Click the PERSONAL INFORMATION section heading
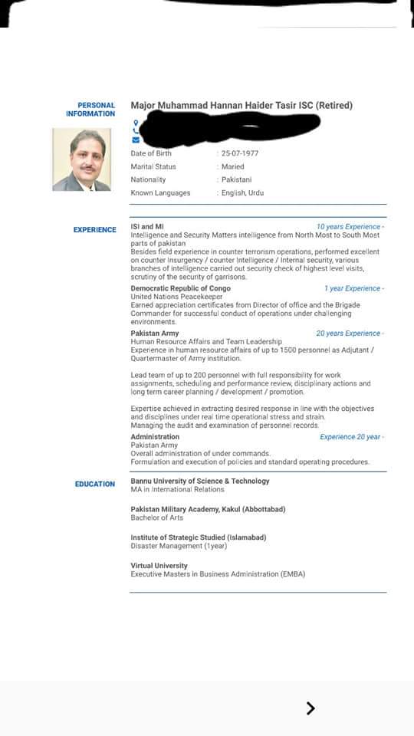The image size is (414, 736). click(x=90, y=110)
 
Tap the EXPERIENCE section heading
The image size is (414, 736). click(x=95, y=230)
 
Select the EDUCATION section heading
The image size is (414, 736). click(x=95, y=485)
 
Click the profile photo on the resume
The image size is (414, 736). click(x=81, y=159)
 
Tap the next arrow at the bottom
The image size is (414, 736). click(x=310, y=708)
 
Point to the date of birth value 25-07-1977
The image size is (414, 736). click(x=239, y=153)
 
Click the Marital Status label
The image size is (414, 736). click(x=153, y=166)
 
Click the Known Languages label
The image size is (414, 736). click(x=160, y=192)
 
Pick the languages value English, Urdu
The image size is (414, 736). click(x=242, y=192)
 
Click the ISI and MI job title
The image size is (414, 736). click(x=147, y=227)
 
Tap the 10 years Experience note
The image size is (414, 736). click(x=349, y=227)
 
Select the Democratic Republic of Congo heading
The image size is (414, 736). click(x=180, y=288)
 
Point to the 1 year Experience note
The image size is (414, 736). click(x=353, y=288)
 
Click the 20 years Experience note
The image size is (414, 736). click(x=349, y=333)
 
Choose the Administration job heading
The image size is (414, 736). click(x=155, y=437)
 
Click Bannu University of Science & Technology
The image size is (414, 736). click(x=200, y=481)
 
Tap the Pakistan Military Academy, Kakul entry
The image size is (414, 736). click(x=199, y=509)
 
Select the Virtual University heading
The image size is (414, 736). click(x=159, y=566)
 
